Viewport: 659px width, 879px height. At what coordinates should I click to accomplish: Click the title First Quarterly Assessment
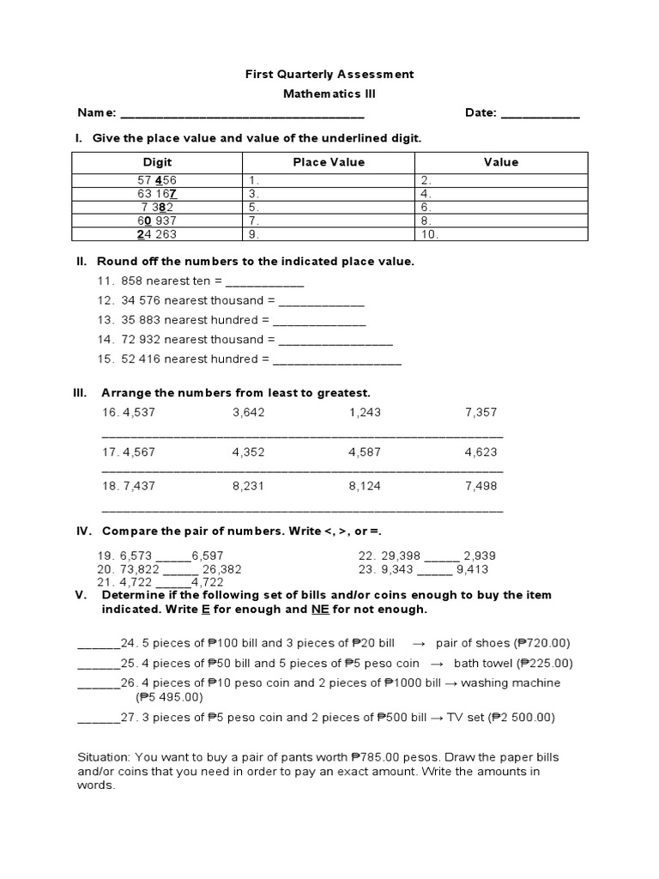pyautogui.click(x=329, y=74)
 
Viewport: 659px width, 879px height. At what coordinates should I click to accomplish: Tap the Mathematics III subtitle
pyautogui.click(x=329, y=94)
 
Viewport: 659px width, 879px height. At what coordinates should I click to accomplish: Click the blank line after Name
pyautogui.click(x=242, y=115)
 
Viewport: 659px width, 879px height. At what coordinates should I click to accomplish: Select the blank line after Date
pyautogui.click(x=540, y=115)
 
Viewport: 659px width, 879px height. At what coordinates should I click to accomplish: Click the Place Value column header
pyautogui.click(x=329, y=161)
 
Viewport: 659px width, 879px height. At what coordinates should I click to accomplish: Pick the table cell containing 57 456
pyautogui.click(x=157, y=180)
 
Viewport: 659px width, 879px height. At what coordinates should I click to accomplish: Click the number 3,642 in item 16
pyautogui.click(x=249, y=413)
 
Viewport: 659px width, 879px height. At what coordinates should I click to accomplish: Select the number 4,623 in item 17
pyautogui.click(x=481, y=452)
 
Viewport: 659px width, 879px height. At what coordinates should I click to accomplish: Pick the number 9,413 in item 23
pyautogui.click(x=472, y=568)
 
